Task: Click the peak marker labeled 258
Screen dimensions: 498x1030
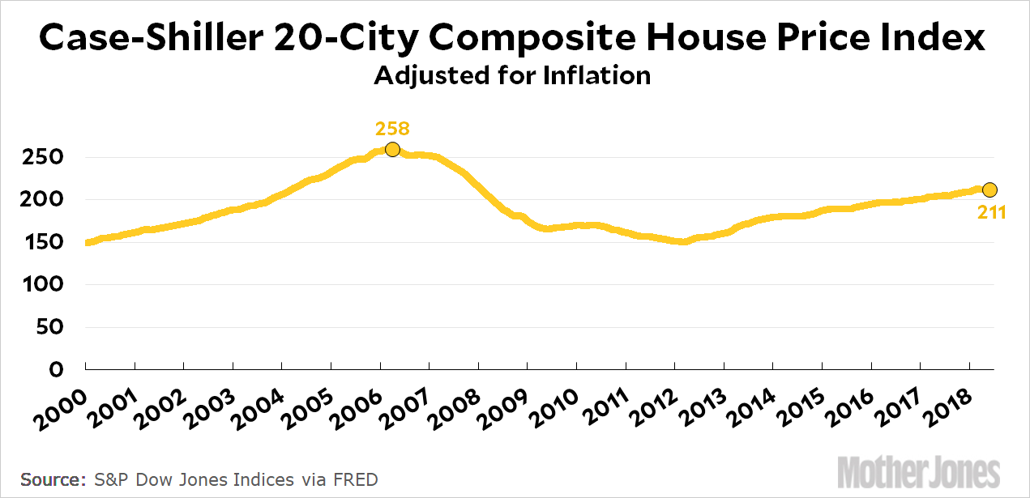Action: [x=392, y=149]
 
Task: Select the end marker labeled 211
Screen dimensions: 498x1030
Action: [x=989, y=189]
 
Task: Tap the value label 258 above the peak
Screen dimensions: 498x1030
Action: [x=392, y=129]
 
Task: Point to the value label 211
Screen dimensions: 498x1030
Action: [x=991, y=213]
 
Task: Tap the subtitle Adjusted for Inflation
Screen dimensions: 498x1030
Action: [x=512, y=76]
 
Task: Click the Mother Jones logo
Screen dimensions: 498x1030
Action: [x=918, y=471]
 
